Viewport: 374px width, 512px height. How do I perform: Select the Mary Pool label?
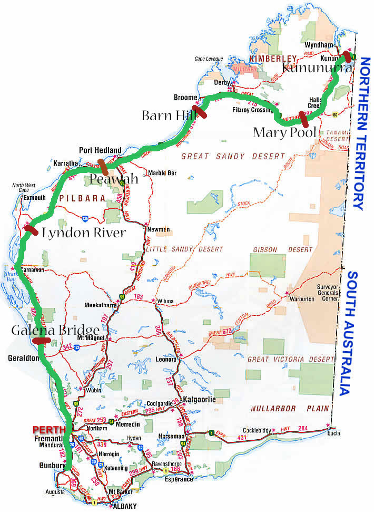click(284, 132)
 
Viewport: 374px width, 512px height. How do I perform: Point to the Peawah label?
click(113, 179)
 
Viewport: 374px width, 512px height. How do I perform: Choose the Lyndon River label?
click(83, 233)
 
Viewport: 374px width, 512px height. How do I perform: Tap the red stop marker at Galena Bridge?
click(41, 340)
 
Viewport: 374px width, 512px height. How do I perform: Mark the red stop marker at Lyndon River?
click(31, 230)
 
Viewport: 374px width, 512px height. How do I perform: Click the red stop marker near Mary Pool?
click(303, 117)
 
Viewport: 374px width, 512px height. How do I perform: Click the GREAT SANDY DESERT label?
click(233, 156)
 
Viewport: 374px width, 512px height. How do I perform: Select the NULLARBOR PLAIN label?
click(288, 408)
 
